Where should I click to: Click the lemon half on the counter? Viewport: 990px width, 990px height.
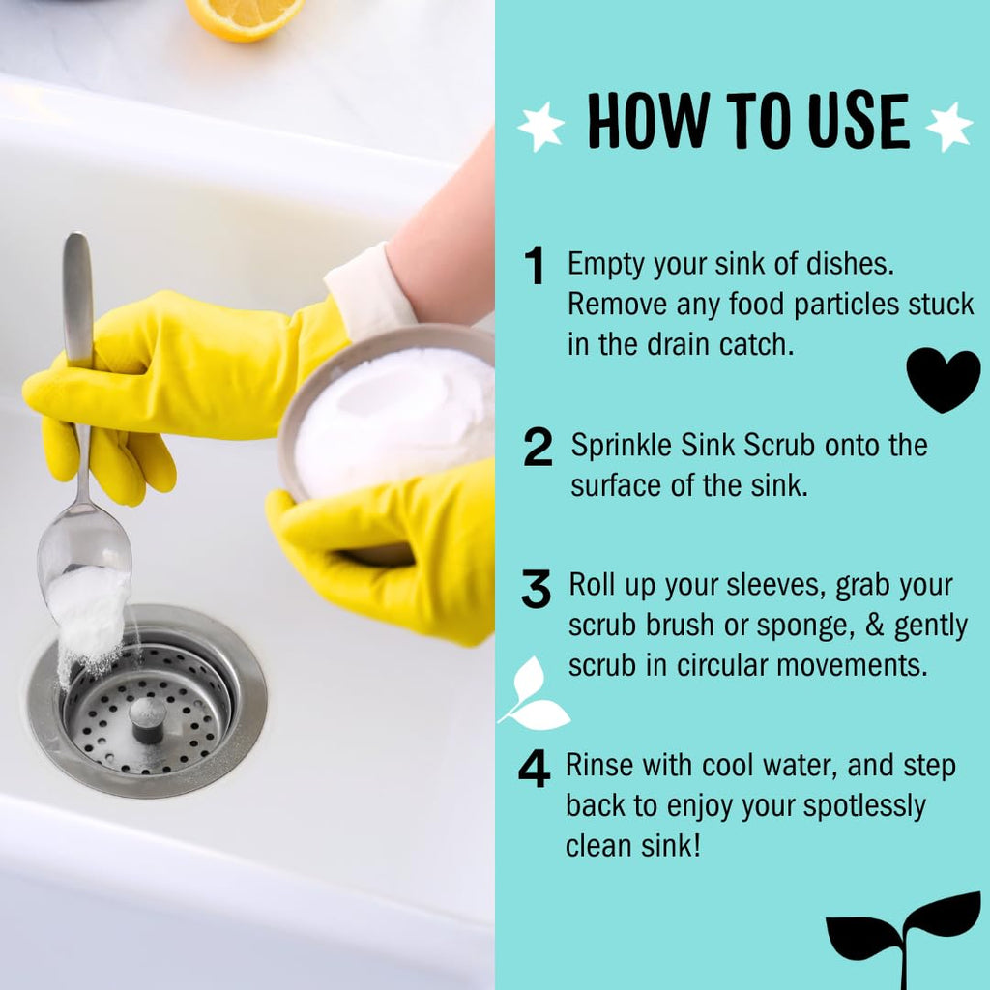click(x=245, y=17)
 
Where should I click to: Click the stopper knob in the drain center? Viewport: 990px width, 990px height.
click(x=147, y=719)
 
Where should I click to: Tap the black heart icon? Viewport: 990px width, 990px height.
click(x=944, y=379)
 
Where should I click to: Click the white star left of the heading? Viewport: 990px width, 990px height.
click(x=541, y=127)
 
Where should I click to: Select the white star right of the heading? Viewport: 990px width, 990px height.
click(x=948, y=127)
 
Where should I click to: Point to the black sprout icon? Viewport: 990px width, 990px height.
click(x=904, y=941)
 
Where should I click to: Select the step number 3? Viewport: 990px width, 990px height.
click(x=536, y=589)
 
